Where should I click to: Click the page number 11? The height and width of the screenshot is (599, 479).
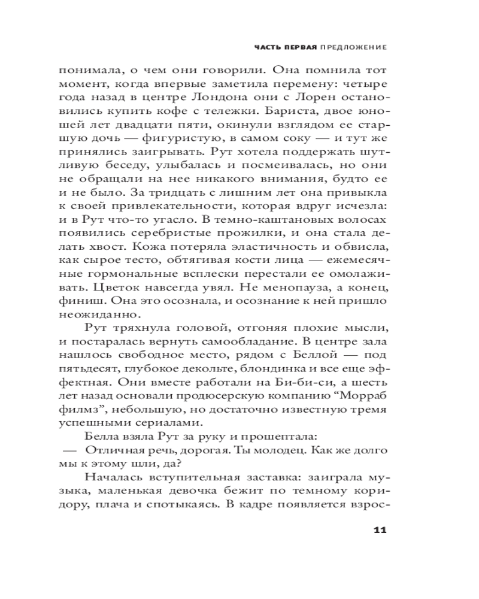[380, 529]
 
